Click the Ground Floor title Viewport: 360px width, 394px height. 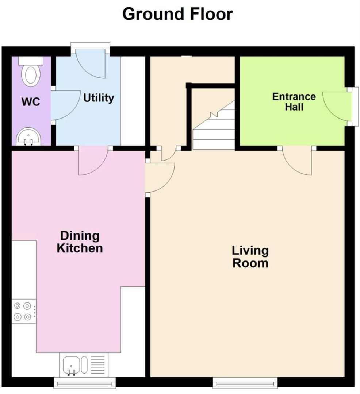pyautogui.click(x=177, y=14)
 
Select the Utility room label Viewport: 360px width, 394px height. pyautogui.click(x=99, y=98)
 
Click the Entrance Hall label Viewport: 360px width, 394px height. pyautogui.click(x=294, y=101)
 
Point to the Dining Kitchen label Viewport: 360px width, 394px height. pyautogui.click(x=79, y=242)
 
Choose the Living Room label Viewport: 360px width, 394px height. pyautogui.click(x=250, y=256)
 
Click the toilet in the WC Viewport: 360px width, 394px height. pyautogui.click(x=31, y=73)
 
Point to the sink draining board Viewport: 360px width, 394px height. pyautogui.click(x=96, y=365)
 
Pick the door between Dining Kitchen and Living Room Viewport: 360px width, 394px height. pyautogui.click(x=160, y=178)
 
